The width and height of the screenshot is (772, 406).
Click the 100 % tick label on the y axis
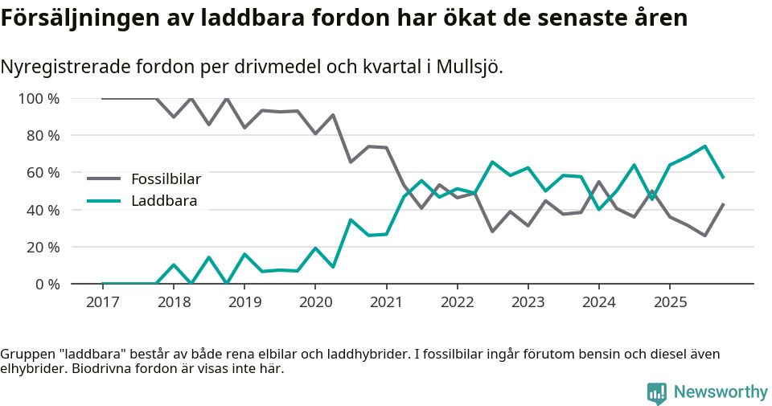38,99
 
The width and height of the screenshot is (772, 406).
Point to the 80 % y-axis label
42,136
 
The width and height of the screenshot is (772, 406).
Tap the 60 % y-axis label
42,173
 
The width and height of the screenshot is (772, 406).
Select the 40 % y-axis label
42,210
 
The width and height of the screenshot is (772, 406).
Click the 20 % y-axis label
42,247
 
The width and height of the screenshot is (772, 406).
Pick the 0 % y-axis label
46,284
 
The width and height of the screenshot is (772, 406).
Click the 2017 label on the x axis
102,301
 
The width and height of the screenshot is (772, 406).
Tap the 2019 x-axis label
244,301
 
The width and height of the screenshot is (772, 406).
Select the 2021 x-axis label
386,301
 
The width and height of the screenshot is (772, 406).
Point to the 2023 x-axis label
528,301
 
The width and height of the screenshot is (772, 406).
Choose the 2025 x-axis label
669,301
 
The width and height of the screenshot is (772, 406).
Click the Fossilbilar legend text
166,178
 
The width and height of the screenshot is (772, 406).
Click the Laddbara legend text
164,200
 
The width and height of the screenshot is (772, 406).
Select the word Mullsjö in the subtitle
469,67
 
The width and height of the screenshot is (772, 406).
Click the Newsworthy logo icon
657,392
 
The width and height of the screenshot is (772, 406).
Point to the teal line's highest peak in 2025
704,146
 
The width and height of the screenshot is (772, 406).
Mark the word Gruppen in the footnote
26,354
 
